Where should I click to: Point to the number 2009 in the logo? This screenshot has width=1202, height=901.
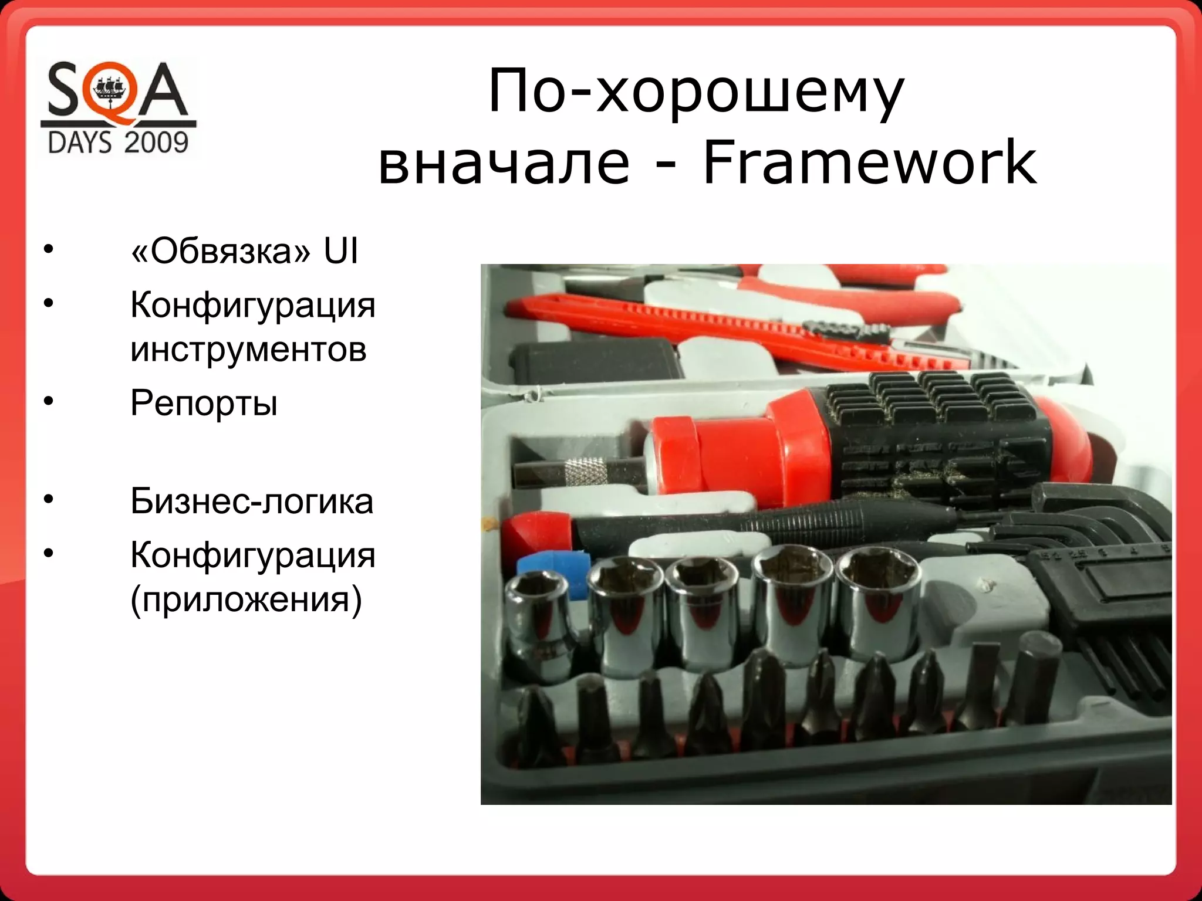[x=155, y=143]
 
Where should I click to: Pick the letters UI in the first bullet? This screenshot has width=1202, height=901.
[x=340, y=252]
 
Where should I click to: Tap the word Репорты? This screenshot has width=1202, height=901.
[x=204, y=404]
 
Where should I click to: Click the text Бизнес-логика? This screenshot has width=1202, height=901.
[x=252, y=502]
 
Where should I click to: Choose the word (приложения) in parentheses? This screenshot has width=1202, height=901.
[x=246, y=599]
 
